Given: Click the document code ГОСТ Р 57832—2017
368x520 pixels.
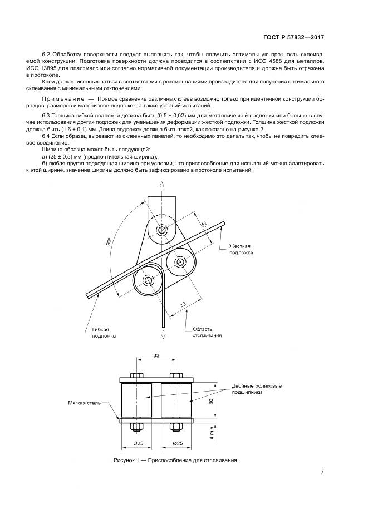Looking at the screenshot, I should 294,38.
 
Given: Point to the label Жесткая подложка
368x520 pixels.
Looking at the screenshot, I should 241,249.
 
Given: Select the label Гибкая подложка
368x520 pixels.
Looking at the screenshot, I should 104,332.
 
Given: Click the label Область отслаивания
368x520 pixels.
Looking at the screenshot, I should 207,332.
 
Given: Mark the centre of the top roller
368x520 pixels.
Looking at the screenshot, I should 161,230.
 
